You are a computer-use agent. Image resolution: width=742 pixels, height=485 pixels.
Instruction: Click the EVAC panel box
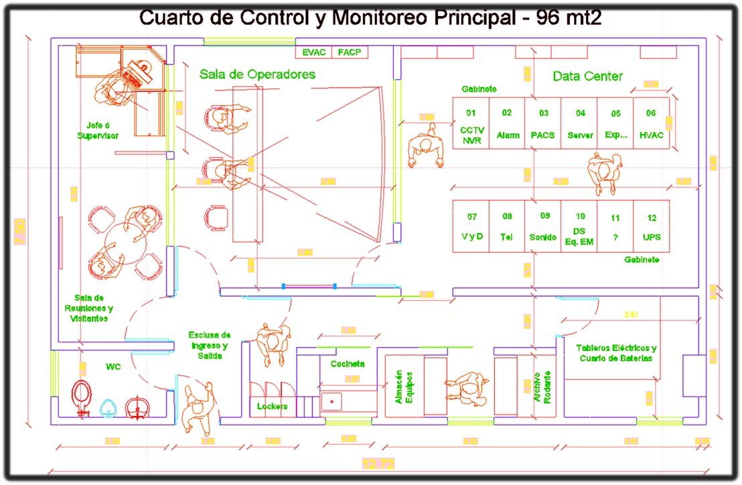313,52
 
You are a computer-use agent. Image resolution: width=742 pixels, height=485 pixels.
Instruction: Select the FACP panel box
349,52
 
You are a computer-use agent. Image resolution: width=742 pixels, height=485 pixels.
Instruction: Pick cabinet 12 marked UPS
651,226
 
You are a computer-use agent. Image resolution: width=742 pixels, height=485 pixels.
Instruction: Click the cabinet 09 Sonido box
542,226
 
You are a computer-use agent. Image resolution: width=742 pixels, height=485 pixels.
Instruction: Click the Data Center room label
587,76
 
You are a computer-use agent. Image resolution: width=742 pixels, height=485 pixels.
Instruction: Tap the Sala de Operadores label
257,74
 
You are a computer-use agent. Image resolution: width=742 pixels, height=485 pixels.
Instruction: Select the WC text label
113,367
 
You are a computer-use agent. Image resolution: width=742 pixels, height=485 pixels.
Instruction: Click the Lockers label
272,406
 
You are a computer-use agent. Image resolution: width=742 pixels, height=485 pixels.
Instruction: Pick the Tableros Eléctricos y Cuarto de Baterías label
616,353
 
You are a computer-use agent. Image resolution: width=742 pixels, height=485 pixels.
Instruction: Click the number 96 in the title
550,18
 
